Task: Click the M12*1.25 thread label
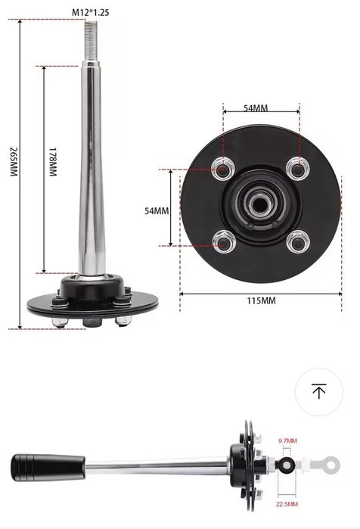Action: click(90, 13)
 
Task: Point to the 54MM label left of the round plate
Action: click(157, 210)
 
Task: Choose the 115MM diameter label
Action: click(261, 301)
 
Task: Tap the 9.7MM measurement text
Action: click(287, 441)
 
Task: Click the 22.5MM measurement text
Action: click(287, 504)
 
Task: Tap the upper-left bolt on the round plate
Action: click(223, 166)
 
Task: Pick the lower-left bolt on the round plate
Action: click(223, 243)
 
